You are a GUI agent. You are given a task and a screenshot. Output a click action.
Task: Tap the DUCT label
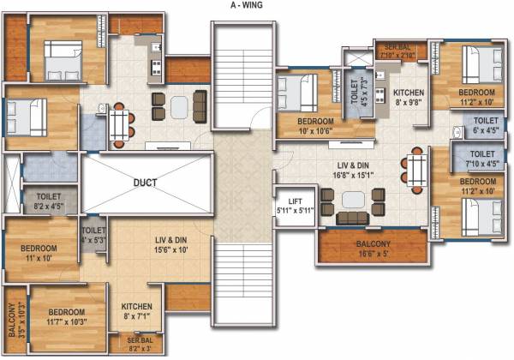pyautogui.click(x=146, y=183)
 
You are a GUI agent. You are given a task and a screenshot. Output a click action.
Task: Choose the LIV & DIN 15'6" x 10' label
pyautogui.click(x=170, y=245)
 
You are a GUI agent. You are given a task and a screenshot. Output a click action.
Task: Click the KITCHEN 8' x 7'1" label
pyautogui.click(x=136, y=310)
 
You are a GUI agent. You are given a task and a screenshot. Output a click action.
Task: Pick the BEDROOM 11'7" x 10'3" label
pyautogui.click(x=66, y=316)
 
